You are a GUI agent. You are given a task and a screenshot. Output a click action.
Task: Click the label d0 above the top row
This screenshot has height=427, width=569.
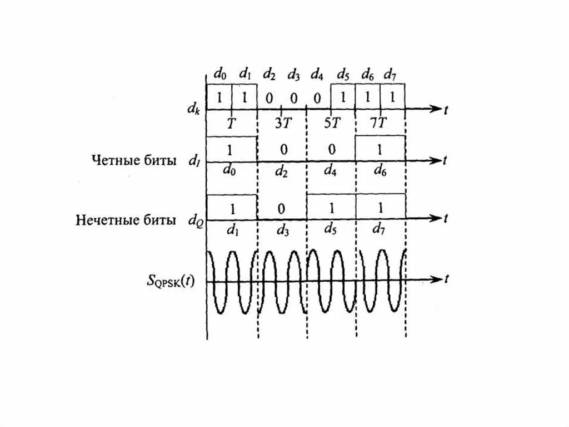click(220, 74)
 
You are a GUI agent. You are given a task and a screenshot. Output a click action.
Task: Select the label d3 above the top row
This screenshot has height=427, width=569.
click(294, 74)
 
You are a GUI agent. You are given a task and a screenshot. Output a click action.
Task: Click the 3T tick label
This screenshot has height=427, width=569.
click(282, 123)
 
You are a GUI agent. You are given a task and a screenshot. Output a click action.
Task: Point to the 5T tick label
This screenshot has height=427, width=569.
click(331, 123)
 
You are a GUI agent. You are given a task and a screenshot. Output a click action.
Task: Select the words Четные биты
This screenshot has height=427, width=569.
click(134, 161)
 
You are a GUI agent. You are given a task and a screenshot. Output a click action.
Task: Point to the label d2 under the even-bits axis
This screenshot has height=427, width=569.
click(282, 173)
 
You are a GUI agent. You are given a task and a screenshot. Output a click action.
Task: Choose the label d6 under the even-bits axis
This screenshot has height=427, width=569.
click(380, 173)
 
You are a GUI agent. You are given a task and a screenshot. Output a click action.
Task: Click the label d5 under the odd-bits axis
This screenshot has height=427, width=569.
click(331, 230)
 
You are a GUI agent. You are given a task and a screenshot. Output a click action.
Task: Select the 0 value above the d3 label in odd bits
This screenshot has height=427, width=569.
click(281, 209)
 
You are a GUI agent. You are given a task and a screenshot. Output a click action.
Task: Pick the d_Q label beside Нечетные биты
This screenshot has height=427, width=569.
click(194, 220)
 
